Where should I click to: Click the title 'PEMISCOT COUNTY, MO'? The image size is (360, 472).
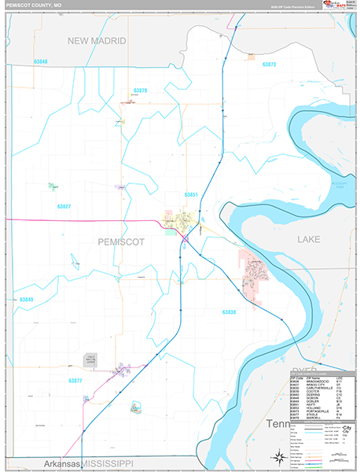(x=35, y=5)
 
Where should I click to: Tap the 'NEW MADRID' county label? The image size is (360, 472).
(x=98, y=40)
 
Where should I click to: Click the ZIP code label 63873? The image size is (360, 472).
(x=270, y=64)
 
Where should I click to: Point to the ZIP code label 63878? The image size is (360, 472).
(x=141, y=90)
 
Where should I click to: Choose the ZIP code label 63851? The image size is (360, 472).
(x=191, y=194)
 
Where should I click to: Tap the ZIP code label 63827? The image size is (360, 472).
(x=64, y=206)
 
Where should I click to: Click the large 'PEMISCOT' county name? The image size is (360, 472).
(x=122, y=242)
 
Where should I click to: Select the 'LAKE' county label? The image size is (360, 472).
(x=308, y=238)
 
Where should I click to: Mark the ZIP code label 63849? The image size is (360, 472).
(x=27, y=300)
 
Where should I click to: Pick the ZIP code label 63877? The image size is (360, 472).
(x=75, y=381)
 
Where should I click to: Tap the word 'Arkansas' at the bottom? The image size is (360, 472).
(x=62, y=463)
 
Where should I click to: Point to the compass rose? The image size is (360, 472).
(x=278, y=457)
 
